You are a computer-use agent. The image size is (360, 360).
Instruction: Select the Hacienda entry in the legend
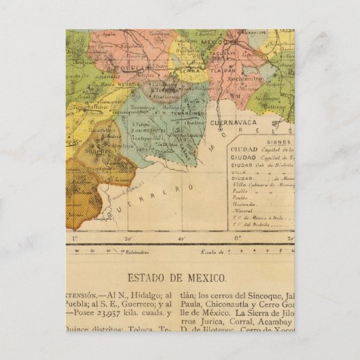(x=242, y=202)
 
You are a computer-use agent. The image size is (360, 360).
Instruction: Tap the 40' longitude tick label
(x=181, y=238)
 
